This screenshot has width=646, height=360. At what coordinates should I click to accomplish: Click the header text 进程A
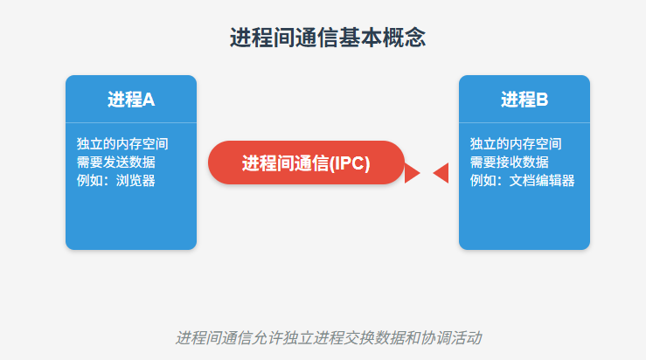tap(131, 100)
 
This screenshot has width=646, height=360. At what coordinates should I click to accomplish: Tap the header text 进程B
tap(524, 100)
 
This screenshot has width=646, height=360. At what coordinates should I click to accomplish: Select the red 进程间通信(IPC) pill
tap(306, 163)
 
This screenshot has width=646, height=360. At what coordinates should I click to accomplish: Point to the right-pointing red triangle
tap(413, 173)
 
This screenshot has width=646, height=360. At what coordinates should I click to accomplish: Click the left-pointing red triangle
tap(441, 173)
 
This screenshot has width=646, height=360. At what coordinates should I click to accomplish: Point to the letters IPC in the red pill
tap(348, 163)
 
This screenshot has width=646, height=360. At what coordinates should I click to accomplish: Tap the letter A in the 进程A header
tap(149, 100)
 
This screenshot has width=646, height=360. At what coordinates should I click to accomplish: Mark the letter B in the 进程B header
tap(542, 100)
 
